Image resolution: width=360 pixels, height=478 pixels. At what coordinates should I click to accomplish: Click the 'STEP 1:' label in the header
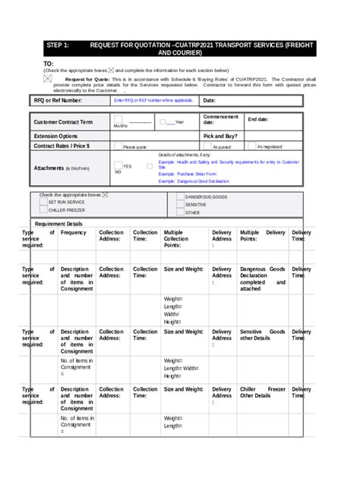click(58, 46)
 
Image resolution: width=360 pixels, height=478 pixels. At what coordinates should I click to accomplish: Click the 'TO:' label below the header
click(49, 64)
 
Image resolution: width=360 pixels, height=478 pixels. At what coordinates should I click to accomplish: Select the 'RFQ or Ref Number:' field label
click(58, 100)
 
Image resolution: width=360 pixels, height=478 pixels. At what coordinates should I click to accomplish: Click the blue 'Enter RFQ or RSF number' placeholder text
click(153, 100)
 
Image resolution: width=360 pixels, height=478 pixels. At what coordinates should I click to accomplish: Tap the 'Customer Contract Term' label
click(63, 121)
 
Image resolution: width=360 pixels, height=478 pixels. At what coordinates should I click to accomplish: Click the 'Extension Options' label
click(55, 135)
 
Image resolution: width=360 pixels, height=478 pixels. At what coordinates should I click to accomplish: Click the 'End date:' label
click(258, 120)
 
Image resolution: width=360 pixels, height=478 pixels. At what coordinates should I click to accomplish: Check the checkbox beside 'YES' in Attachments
click(118, 165)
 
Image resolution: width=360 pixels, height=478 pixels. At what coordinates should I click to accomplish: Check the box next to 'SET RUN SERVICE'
click(43, 203)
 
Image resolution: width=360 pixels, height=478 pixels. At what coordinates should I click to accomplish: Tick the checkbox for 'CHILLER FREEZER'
click(43, 210)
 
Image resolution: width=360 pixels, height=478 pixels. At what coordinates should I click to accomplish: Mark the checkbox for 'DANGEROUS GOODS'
click(180, 197)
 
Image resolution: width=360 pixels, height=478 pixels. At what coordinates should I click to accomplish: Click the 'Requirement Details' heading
click(58, 224)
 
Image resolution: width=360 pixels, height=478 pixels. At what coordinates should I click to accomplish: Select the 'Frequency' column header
click(74, 233)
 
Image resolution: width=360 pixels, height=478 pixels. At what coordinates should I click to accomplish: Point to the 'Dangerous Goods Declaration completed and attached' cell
click(262, 278)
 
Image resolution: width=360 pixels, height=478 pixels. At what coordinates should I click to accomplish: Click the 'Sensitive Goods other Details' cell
click(262, 336)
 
